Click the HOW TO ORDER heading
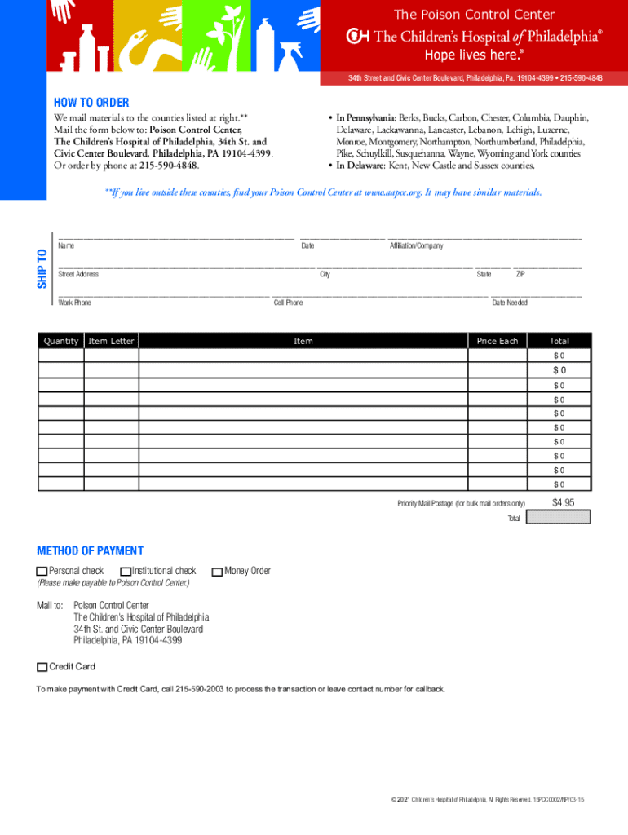[91, 103]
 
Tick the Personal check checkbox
[42, 572]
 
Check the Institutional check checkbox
[126, 572]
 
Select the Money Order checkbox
[217, 572]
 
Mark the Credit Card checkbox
[42, 667]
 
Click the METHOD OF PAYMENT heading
[90, 551]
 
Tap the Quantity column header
[61, 341]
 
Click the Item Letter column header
[111, 341]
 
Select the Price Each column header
[498, 341]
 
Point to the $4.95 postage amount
[563, 502]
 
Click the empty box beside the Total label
[559, 517]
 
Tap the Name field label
[66, 245]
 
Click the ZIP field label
[520, 274]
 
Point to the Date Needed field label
[509, 303]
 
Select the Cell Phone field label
[288, 303]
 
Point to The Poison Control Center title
[474, 15]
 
